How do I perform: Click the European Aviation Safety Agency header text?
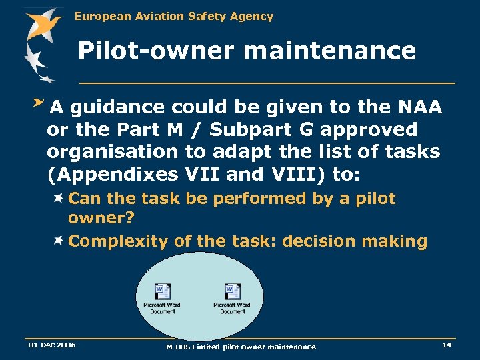[174, 16]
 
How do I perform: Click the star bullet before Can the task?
[59, 198]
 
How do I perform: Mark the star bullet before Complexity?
[59, 241]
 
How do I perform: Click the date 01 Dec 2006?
[51, 345]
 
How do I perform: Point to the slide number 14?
[446, 344]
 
